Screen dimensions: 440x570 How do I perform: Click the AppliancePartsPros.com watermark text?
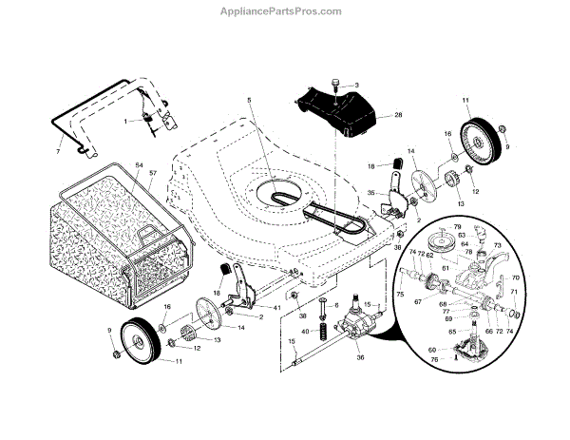(284, 10)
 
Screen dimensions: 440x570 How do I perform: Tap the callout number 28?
(398, 116)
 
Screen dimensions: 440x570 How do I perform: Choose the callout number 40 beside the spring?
(306, 331)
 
